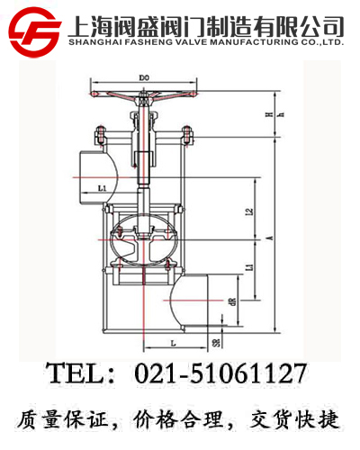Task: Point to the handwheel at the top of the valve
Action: (x=144, y=98)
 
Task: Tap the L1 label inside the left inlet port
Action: (x=102, y=187)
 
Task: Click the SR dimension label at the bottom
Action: (x=217, y=344)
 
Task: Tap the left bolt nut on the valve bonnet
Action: (x=102, y=137)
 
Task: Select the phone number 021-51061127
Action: (x=220, y=373)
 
